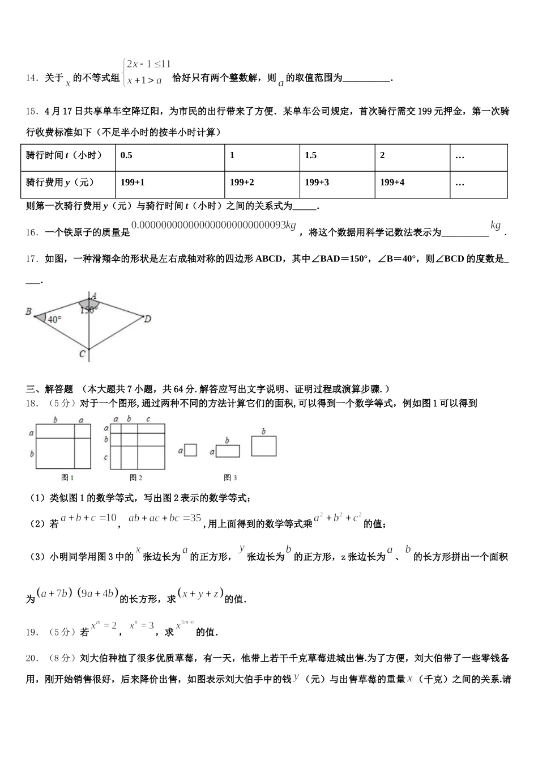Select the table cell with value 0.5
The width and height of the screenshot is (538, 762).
pyautogui.click(x=127, y=155)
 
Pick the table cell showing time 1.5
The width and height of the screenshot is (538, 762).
pyautogui.click(x=311, y=155)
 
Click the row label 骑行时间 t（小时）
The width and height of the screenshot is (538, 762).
pyautogui.click(x=64, y=155)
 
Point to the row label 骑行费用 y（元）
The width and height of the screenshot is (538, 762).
pyautogui.click(x=60, y=183)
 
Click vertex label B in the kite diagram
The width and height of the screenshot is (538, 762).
pyautogui.click(x=28, y=311)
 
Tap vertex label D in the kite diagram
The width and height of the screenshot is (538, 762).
pyautogui.click(x=147, y=319)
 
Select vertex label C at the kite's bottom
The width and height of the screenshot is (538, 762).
pyautogui.click(x=83, y=354)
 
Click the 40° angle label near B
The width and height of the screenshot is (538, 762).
pyautogui.click(x=54, y=319)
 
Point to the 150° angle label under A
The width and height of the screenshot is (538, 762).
pyautogui.click(x=88, y=310)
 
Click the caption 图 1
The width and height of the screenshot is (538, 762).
pyautogui.click(x=67, y=477)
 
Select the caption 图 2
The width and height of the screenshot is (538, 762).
pyautogui.click(x=136, y=477)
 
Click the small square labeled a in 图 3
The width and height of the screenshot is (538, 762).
pyautogui.click(x=191, y=450)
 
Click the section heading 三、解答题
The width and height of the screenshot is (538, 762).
pyautogui.click(x=50, y=389)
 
